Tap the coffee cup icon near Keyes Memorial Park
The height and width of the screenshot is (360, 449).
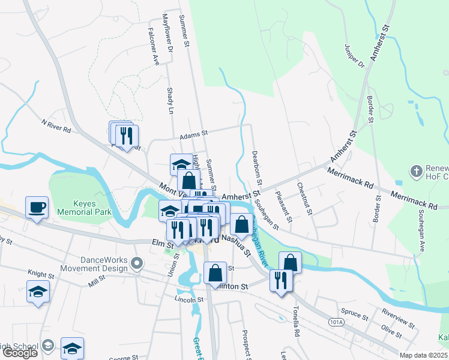(37, 207)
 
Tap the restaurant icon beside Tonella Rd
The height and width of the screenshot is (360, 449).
(281, 280)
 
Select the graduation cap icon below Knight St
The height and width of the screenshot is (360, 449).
(38, 291)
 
